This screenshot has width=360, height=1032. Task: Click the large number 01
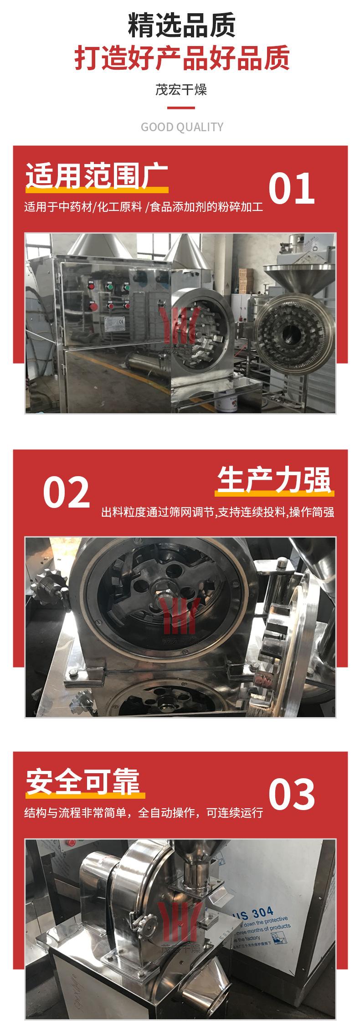point(291,188)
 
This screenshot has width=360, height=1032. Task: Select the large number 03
point(291,794)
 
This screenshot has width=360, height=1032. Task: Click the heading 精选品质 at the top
point(181,26)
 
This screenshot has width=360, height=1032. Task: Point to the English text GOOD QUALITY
point(182,127)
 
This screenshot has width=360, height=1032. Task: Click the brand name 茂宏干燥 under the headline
point(181,89)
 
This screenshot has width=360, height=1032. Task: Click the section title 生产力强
point(274,479)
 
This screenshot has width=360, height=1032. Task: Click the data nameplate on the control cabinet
point(116,324)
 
